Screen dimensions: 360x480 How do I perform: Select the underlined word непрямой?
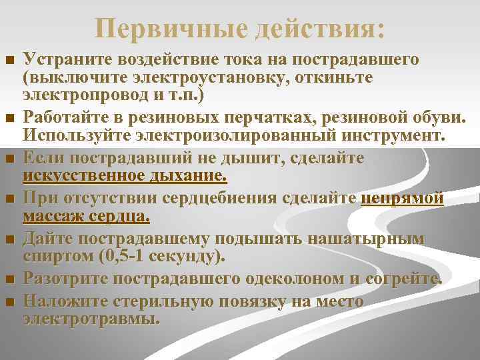click(402, 199)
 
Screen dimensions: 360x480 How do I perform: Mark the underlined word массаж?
click(53, 217)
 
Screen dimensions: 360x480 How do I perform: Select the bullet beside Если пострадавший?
click(9, 160)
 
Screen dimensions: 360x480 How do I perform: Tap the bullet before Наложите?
click(9, 302)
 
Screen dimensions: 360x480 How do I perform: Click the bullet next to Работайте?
click(9, 119)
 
